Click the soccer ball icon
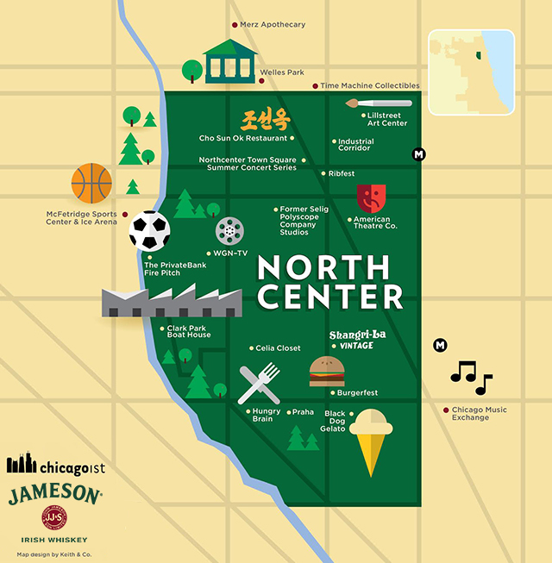tap(149, 231)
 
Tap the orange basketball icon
tap(91, 184)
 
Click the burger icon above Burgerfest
tap(327, 372)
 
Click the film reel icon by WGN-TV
tap(229, 231)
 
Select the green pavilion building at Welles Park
tap(229, 61)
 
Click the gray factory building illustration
tap(171, 301)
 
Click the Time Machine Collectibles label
tap(369, 85)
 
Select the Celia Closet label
tap(278, 348)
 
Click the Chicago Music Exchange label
tap(479, 414)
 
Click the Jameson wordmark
tap(54, 494)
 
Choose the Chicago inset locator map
tap(471, 72)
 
